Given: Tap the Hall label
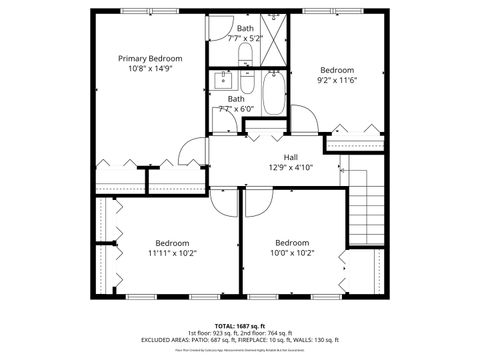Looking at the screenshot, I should point(290,157).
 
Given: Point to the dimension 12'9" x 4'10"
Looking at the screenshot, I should point(290,168).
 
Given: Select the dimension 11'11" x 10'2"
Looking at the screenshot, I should point(173,253).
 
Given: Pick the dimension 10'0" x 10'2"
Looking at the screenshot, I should point(292,253).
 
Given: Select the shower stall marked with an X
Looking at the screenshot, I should point(276,27).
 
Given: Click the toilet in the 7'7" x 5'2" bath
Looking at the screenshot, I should point(247,21).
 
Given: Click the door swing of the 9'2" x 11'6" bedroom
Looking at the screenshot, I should point(310,121).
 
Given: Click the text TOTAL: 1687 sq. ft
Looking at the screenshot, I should point(240,325).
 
